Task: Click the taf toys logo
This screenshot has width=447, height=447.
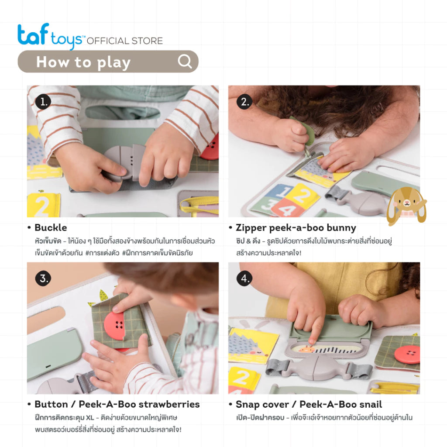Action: tap(52, 36)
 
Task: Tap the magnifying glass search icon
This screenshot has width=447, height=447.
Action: tap(185, 61)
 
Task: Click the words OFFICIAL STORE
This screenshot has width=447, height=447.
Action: tap(125, 41)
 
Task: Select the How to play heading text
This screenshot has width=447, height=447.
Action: tap(83, 62)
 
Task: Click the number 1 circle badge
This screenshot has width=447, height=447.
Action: tap(43, 102)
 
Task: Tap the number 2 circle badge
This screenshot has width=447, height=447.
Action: tap(244, 102)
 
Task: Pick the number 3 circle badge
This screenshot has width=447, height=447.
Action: tap(43, 278)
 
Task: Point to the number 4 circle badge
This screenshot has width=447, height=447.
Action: tap(244, 278)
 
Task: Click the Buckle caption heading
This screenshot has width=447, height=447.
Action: tap(51, 227)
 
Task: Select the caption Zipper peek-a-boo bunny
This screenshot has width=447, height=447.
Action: tap(296, 228)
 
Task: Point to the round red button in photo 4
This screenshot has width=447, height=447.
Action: tap(407, 354)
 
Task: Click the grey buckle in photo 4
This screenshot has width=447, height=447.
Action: tap(319, 368)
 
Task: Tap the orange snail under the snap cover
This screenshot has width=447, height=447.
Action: tap(306, 349)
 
